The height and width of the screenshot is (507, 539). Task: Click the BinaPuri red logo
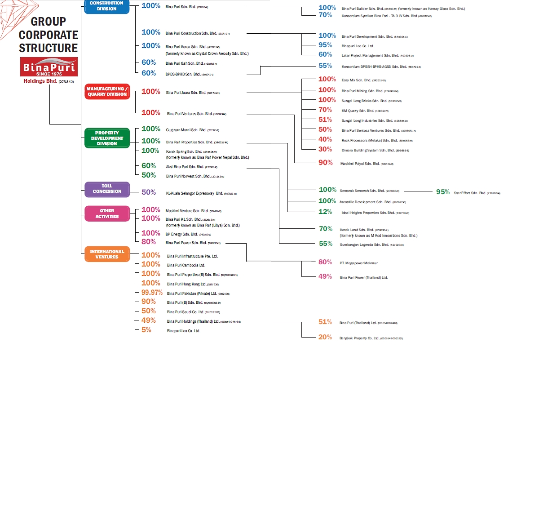click(x=49, y=67)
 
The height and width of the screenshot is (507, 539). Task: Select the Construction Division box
click(x=106, y=6)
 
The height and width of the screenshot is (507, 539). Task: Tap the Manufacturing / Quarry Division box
click(x=107, y=92)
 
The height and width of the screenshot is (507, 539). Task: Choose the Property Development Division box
click(x=107, y=138)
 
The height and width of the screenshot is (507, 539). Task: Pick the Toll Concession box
click(x=107, y=189)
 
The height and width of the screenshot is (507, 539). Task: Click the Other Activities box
click(x=107, y=213)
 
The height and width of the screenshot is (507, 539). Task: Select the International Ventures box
click(x=107, y=254)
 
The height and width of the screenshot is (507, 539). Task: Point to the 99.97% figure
click(x=152, y=293)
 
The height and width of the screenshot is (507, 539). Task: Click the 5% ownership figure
click(x=146, y=330)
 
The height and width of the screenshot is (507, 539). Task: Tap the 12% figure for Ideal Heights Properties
click(x=325, y=212)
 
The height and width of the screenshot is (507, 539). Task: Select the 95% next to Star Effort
click(x=443, y=192)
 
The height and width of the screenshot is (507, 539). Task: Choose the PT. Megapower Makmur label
click(x=359, y=263)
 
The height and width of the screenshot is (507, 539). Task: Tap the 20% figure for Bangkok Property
click(x=325, y=337)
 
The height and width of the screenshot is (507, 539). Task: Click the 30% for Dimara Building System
click(x=325, y=149)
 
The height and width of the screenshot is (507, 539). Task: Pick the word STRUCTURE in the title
click(x=48, y=48)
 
